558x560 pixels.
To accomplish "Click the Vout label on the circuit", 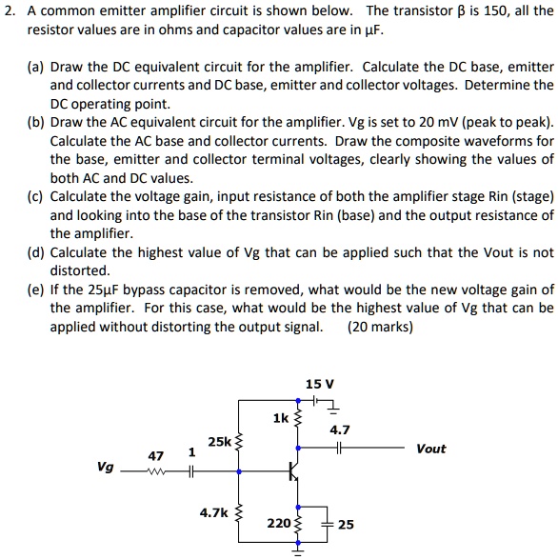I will click(430, 449).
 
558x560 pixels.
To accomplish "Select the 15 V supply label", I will click(319, 384).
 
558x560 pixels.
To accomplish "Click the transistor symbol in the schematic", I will click(294, 470).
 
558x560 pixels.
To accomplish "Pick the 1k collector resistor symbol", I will click(298, 419).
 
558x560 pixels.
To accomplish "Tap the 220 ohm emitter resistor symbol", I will click(298, 523).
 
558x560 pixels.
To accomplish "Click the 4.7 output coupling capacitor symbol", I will click(339, 449).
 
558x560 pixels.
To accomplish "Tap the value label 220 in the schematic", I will click(279, 523).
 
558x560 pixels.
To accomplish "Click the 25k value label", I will click(219, 442).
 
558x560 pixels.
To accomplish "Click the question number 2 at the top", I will click(9, 11).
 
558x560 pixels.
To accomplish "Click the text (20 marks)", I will click(381, 327).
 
